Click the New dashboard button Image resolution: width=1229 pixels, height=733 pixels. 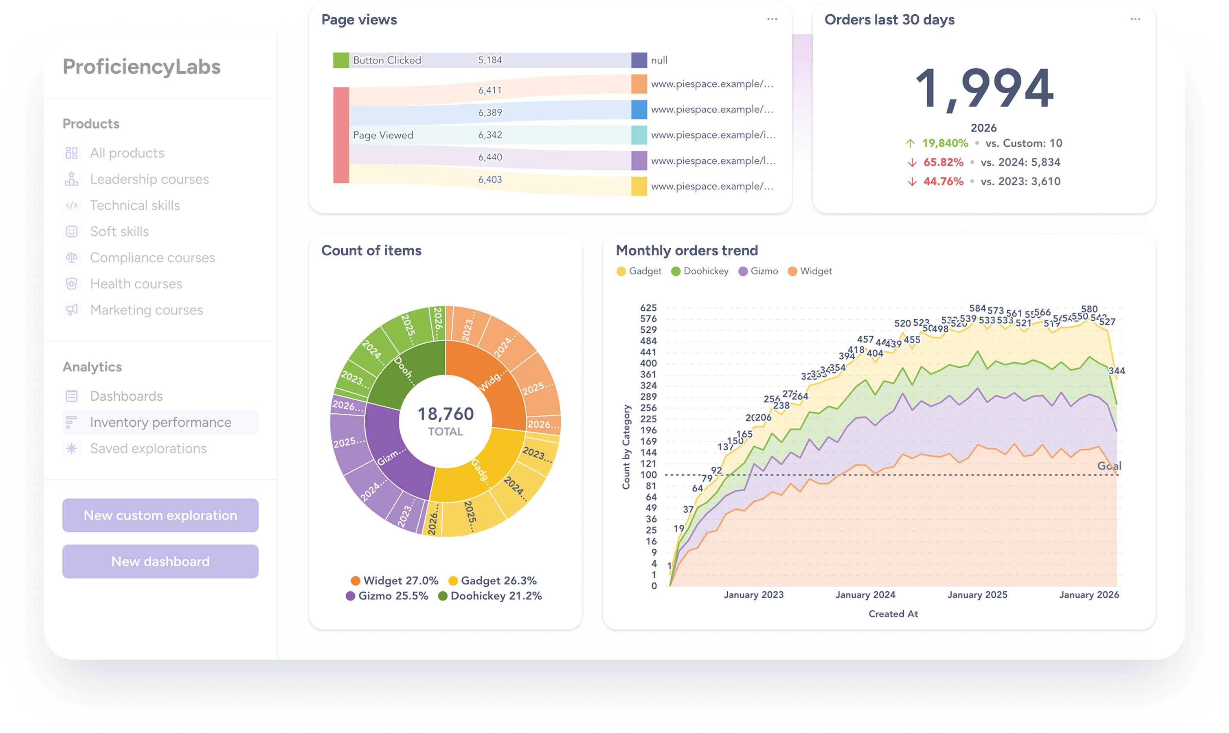pyautogui.click(x=160, y=562)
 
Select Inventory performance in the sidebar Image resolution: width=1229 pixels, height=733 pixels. pyautogui.click(x=160, y=422)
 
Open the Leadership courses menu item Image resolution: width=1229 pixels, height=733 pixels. pyautogui.click(x=149, y=179)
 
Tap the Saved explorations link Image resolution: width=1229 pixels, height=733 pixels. pyautogui.click(x=148, y=448)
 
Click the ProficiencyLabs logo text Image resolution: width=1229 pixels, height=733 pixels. pyautogui.click(x=142, y=67)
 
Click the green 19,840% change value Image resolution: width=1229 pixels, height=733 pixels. pyautogui.click(x=945, y=143)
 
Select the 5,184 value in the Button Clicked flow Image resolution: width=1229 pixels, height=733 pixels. pyautogui.click(x=489, y=60)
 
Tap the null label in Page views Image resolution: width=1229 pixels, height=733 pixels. pyautogui.click(x=659, y=60)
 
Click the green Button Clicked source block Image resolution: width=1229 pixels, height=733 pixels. pyautogui.click(x=341, y=60)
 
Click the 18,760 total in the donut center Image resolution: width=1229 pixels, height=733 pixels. pyautogui.click(x=446, y=414)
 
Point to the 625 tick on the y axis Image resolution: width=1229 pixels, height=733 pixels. pyautogui.click(x=648, y=308)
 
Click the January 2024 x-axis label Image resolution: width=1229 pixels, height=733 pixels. pyautogui.click(x=865, y=595)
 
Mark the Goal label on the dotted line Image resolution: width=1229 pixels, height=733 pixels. pyautogui.click(x=1108, y=466)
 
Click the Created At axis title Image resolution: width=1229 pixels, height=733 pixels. pyautogui.click(x=893, y=614)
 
